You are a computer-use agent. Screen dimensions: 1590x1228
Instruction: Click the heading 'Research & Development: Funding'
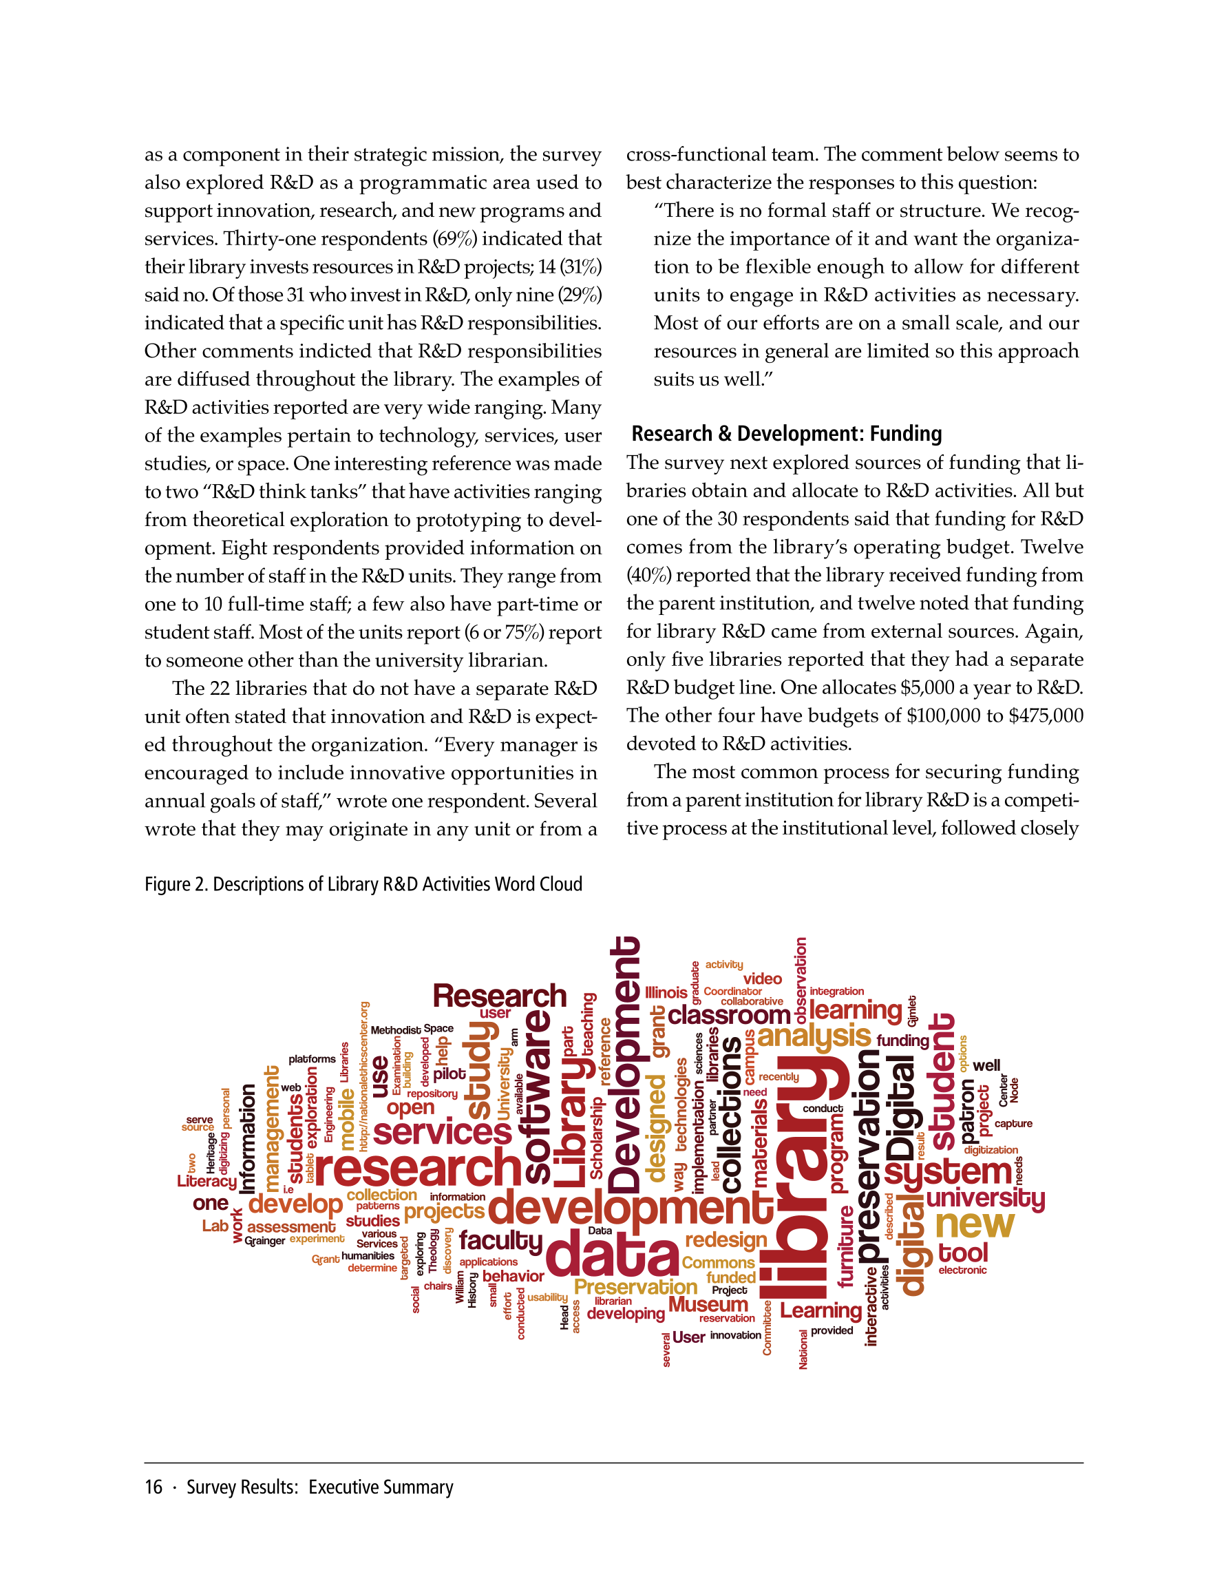(x=786, y=434)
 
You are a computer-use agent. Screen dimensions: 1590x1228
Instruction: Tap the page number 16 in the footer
(x=153, y=1487)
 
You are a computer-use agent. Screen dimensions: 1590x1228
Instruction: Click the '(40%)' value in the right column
(x=648, y=575)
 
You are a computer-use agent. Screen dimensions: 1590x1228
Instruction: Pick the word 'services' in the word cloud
(x=442, y=1132)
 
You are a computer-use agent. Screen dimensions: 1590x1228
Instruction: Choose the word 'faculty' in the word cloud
(x=501, y=1239)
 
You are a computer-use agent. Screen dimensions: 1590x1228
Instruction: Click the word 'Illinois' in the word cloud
(x=666, y=992)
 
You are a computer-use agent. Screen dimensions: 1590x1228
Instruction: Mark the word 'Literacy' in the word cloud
(x=207, y=1181)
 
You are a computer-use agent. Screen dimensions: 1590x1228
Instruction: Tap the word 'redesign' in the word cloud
(x=726, y=1239)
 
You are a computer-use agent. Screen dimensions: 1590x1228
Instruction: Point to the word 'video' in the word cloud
(x=762, y=979)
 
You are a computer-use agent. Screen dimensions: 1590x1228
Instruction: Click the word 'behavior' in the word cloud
(x=514, y=1276)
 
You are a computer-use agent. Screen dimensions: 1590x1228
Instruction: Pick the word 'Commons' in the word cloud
(x=718, y=1262)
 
